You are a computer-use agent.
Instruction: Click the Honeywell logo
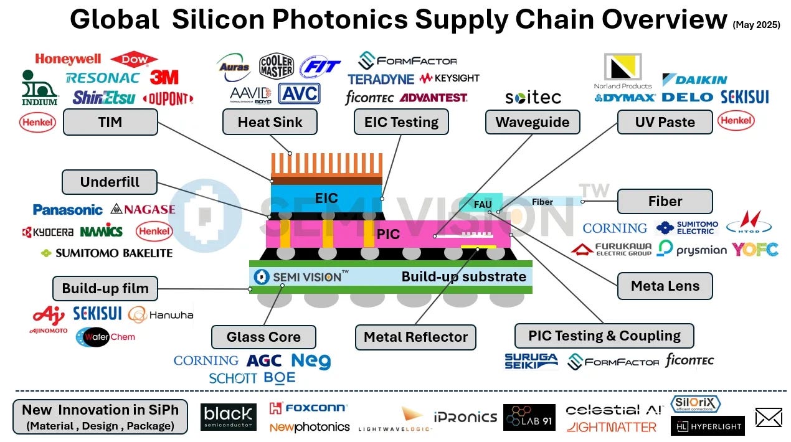(x=68, y=59)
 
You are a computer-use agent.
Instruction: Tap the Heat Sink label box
(x=270, y=123)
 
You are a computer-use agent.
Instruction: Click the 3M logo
(x=164, y=78)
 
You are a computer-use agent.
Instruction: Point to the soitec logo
(x=533, y=98)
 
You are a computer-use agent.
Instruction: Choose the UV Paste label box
(x=665, y=123)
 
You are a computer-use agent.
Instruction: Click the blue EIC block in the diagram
(x=326, y=198)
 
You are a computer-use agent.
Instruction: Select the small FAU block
(x=483, y=204)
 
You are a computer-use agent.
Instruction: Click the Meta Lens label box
(x=665, y=286)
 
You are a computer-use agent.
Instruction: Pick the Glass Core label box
(x=263, y=337)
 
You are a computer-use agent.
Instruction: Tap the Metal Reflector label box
(x=415, y=337)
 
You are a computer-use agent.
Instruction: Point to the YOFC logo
(x=755, y=250)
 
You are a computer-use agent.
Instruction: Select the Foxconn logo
(x=308, y=408)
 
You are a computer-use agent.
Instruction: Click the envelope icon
(x=768, y=417)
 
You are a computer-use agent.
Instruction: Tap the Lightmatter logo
(x=612, y=427)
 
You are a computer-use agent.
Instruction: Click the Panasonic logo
(x=67, y=210)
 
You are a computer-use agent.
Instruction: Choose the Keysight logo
(x=449, y=78)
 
